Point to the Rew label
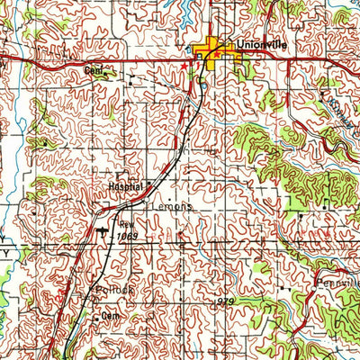(x=126, y=227)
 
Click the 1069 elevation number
(x=128, y=237)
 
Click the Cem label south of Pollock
(x=111, y=318)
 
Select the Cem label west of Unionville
(x=94, y=69)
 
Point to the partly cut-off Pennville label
(x=337, y=283)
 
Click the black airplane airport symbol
(x=101, y=235)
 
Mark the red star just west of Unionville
(x=184, y=67)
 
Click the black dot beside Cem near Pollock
(x=96, y=317)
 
